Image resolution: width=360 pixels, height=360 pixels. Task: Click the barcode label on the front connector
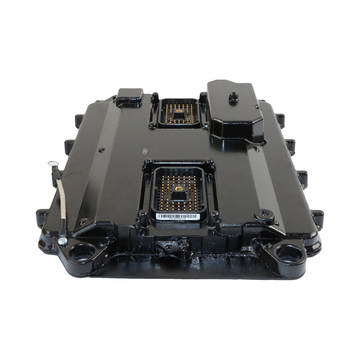point(178,216)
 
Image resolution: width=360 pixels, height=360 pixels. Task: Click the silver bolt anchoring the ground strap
point(63,242)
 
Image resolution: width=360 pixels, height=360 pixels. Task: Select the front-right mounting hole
point(288,253)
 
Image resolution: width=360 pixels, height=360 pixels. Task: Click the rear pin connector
point(179,112)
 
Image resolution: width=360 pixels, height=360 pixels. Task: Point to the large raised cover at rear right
point(235,110)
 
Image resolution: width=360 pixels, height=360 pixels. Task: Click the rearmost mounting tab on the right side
point(280,119)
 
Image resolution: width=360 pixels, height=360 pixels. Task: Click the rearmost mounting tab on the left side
point(79,120)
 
